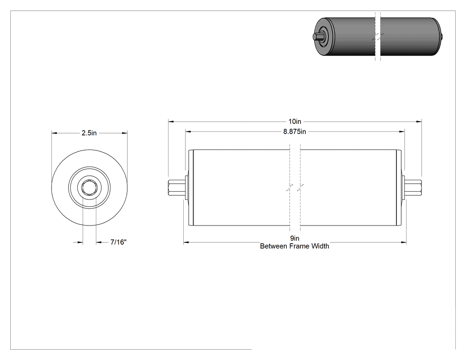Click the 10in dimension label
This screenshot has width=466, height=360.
pos(295,121)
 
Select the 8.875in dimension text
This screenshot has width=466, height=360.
pos(295,131)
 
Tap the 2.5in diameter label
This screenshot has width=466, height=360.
pos(89,133)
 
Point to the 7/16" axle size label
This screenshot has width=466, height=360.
pos(118,242)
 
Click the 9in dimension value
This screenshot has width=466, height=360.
pos(295,238)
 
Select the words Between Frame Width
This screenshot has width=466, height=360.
pos(295,246)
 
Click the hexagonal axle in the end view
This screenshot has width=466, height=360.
pos(89,188)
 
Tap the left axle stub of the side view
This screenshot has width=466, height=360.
pos(177,188)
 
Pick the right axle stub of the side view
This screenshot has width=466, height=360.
pos(413,188)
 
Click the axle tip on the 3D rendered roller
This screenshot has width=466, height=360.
pos(316,36)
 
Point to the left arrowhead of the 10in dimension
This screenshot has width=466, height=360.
pos(171,121)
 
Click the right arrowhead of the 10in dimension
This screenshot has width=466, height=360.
pos(419,121)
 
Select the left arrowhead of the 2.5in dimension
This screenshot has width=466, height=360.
pos(55,133)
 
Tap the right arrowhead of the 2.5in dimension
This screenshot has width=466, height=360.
pos(125,133)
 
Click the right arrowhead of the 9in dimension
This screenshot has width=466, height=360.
pos(403,242)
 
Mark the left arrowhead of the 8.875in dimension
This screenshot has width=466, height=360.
pos(188,131)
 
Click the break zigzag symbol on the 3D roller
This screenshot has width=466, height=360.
pos(378,37)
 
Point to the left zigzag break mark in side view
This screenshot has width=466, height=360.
pos(290,188)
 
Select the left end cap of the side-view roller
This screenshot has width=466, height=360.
pos(191,188)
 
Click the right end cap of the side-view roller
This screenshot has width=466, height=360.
pos(399,188)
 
